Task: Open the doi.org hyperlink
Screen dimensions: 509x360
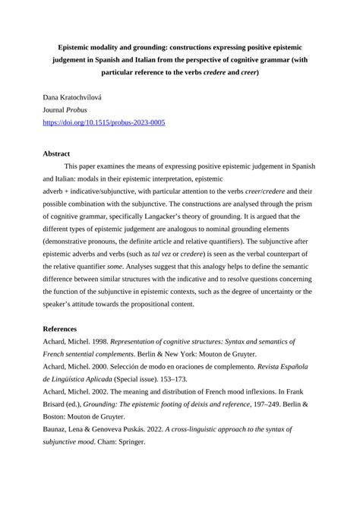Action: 103,122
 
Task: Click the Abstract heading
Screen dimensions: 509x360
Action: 56,153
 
